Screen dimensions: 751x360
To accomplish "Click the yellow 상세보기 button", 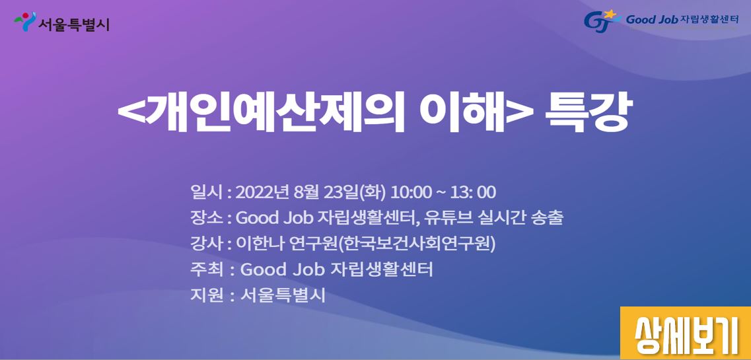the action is (686, 333).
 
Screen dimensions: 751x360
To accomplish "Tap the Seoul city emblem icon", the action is (25, 22).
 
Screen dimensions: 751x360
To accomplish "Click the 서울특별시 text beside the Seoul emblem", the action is (74, 23).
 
